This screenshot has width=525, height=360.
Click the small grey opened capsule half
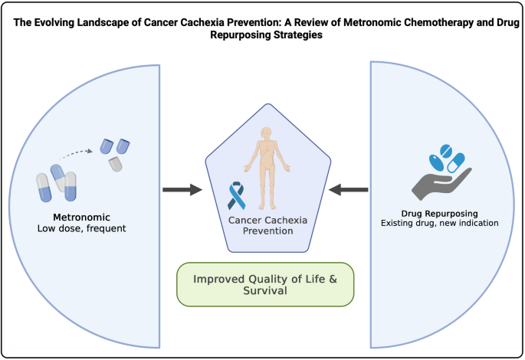(x=116, y=162)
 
